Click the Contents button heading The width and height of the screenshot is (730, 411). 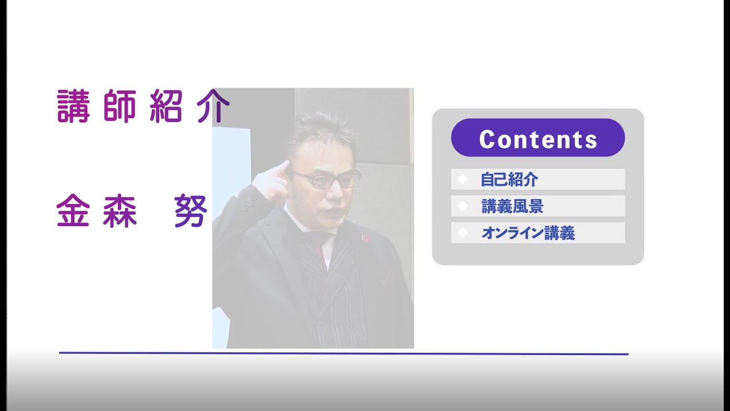click(538, 138)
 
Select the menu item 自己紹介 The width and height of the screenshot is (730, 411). click(509, 179)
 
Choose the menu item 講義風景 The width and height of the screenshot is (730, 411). click(512, 206)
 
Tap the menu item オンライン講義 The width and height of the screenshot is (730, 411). click(528, 233)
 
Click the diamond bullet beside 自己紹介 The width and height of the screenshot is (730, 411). click(463, 179)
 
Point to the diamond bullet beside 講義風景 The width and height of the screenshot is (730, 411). click(463, 206)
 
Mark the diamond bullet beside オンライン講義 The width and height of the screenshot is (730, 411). click(463, 233)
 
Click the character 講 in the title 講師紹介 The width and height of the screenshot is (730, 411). click(74, 106)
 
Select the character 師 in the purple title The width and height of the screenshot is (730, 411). click(120, 106)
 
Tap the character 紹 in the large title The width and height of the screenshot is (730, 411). click(166, 106)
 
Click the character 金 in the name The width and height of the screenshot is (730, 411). click(74, 211)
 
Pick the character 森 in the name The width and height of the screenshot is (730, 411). click(120, 211)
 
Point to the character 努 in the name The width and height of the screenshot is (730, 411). click(190, 211)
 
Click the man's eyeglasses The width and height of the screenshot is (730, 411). click(331, 179)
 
